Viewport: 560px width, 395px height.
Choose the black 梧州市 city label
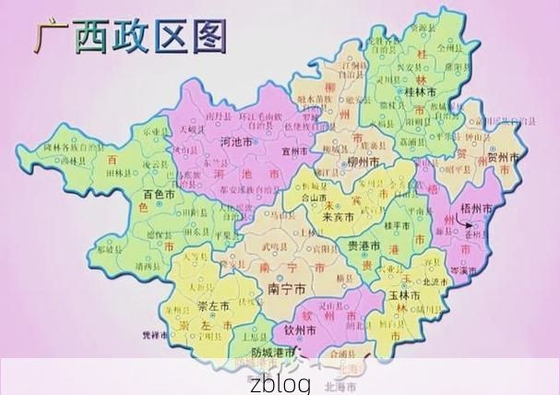[x=476, y=209]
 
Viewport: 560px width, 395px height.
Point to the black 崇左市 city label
[x=215, y=305]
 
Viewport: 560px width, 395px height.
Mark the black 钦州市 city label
[x=301, y=329]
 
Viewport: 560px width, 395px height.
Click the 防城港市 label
[x=273, y=353]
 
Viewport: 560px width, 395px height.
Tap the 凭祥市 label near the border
[x=154, y=335]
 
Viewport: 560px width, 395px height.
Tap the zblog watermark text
[x=280, y=383]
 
